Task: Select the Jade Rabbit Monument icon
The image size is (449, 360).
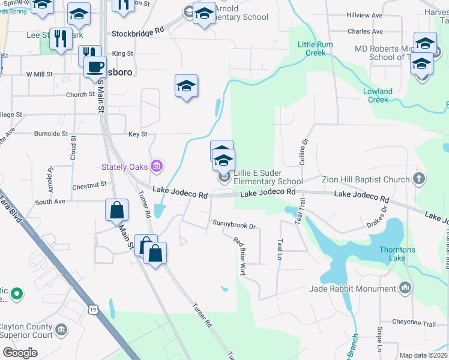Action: point(406,289)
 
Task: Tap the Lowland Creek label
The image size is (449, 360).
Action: point(378,95)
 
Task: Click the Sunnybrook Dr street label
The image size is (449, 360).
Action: point(234,226)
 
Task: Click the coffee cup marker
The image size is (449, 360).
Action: point(95,67)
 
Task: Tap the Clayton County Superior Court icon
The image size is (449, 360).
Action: point(61,329)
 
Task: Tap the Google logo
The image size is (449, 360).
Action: point(20,353)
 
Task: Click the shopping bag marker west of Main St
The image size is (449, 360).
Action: point(116,211)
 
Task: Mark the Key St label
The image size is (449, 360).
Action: point(137,134)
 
